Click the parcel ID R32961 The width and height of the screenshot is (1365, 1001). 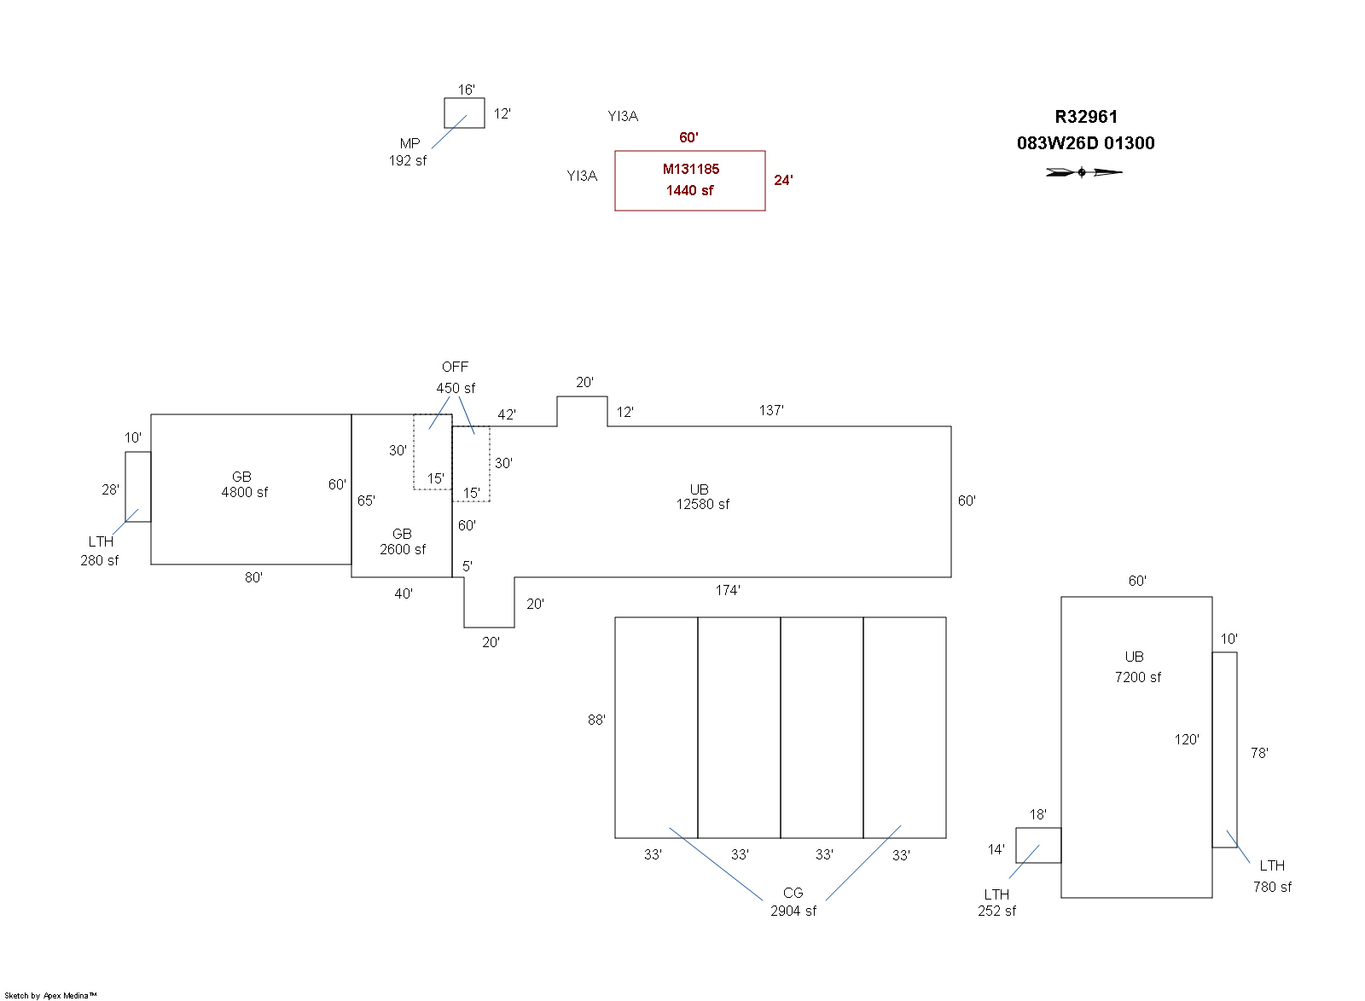click(x=1086, y=117)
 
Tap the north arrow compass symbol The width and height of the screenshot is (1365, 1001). click(x=1084, y=172)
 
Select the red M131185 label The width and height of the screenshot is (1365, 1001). click(x=691, y=169)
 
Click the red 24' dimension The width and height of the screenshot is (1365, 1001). click(x=783, y=180)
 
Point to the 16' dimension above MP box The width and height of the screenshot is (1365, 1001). click(x=466, y=90)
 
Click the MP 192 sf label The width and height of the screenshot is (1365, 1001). click(x=409, y=153)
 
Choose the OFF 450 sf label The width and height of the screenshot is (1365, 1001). click(x=456, y=378)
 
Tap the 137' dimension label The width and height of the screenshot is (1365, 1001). click(x=771, y=410)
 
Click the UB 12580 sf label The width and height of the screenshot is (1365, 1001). click(x=702, y=497)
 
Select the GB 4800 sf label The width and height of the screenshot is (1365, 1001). click(x=244, y=484)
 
